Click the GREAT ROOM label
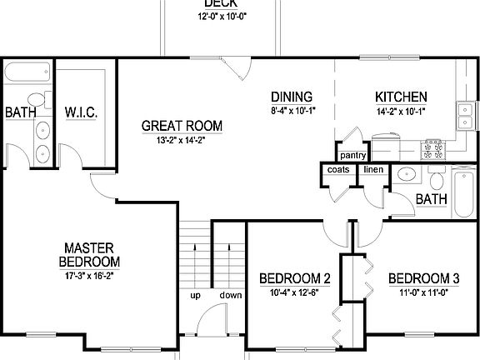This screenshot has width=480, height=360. tap(182, 126)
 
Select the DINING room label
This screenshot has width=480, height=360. tap(291, 96)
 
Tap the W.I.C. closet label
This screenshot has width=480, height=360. tap(83, 112)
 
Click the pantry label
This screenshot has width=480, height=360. tap(352, 154)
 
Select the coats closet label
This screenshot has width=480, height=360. tap(337, 169)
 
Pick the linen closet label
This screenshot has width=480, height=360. tap(372, 169)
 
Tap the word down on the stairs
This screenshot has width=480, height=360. tap(231, 296)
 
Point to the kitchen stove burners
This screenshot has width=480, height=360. tap(432, 150)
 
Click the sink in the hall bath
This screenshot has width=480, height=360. tap(406, 176)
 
